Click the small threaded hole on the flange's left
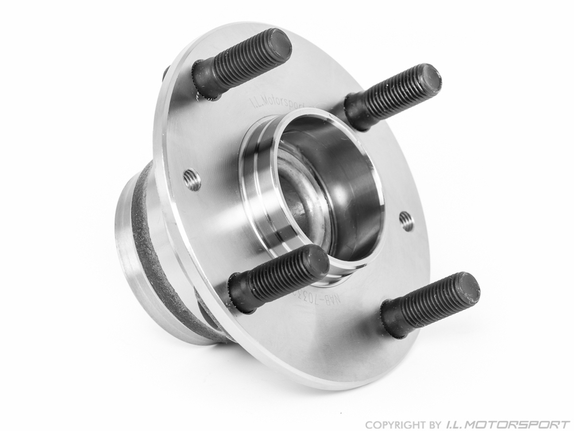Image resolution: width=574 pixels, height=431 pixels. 192,180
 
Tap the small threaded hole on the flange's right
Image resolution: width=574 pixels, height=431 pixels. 406,221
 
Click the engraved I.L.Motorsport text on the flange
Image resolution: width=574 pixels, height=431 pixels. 278,103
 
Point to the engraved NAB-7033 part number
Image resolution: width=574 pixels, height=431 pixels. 339,299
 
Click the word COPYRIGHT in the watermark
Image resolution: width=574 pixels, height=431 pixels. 391,424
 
